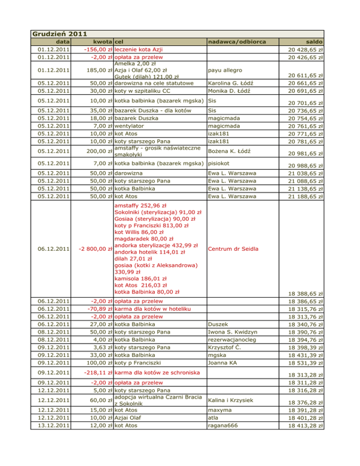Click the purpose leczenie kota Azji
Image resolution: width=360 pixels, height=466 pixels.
pos(139,50)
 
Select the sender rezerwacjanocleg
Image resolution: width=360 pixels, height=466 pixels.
pos(231,339)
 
